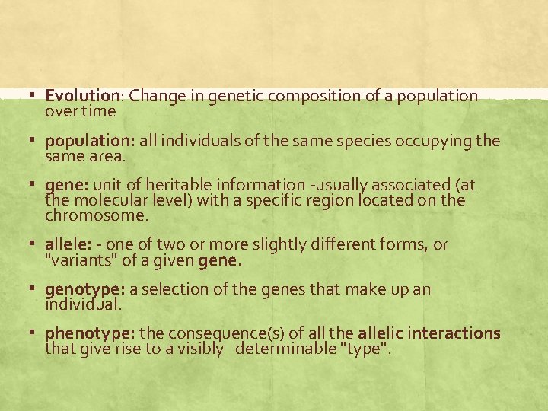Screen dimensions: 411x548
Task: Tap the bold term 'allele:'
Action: tap(67, 245)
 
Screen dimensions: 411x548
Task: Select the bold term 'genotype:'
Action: tap(84, 290)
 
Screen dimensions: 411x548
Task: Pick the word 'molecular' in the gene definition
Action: tap(105, 201)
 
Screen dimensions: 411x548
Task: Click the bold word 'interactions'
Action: tap(454, 334)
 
